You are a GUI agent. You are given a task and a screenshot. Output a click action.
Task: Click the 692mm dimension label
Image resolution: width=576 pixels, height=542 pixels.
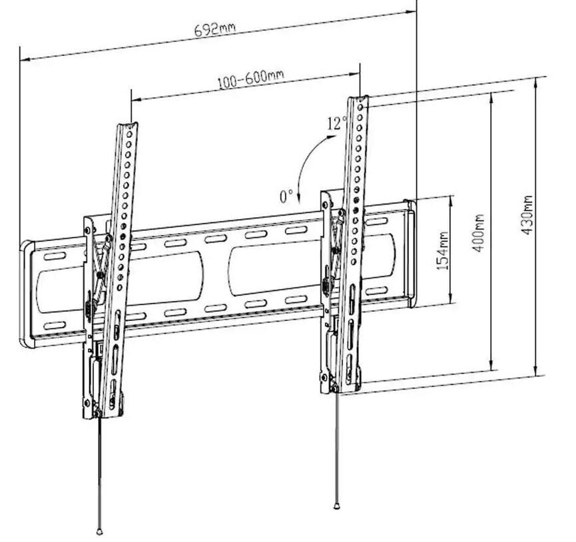214,29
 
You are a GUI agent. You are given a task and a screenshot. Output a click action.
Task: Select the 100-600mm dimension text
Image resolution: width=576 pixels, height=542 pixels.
251,79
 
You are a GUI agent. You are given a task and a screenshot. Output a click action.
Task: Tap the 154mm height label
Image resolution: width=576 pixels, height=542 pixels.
443,250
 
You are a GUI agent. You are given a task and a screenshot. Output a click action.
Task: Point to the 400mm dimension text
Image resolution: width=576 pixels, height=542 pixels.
478,233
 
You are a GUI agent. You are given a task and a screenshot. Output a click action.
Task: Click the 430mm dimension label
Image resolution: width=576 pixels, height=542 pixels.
527,215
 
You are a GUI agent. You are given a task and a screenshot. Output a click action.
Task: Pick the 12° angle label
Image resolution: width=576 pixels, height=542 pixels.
337,123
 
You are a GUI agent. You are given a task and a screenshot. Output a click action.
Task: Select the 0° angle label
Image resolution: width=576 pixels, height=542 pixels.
286,196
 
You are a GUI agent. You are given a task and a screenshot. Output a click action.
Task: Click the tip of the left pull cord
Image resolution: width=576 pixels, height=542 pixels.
99,531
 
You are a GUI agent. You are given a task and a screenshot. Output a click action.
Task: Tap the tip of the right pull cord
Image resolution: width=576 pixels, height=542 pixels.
336,507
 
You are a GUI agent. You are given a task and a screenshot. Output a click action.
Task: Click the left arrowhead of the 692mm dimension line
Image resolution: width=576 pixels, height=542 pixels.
23,59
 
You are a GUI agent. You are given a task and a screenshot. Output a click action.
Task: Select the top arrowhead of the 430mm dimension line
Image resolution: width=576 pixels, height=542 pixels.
535,81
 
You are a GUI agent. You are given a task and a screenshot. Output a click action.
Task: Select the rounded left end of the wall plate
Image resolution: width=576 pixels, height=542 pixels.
27,294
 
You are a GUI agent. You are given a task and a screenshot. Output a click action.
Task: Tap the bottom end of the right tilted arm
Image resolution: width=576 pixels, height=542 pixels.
350,390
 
